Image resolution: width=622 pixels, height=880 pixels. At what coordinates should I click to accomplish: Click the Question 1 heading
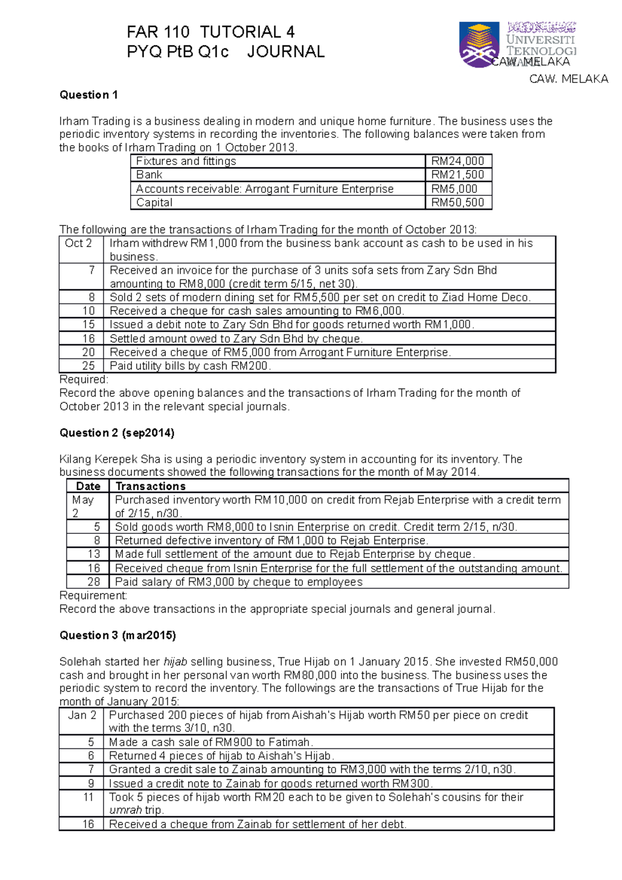[x=89, y=95]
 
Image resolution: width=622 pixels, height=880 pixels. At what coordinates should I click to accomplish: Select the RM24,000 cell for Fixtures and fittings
[x=458, y=161]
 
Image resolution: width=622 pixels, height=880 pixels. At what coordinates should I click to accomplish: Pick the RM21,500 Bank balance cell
[x=458, y=175]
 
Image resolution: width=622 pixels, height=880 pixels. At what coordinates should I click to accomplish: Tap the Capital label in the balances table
[x=154, y=203]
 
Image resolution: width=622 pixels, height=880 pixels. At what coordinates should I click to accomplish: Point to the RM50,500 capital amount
[x=458, y=203]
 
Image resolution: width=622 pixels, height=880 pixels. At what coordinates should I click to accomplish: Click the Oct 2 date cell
[x=78, y=243]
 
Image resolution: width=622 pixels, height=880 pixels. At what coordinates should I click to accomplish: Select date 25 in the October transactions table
[x=89, y=366]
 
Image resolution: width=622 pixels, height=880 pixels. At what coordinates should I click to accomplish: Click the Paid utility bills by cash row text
[x=190, y=366]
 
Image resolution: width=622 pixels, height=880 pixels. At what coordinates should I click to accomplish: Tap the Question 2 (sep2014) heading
[x=117, y=433]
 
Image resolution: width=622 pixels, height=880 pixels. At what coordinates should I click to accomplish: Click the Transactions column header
[x=150, y=486]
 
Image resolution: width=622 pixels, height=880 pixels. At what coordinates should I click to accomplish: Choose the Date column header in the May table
[x=88, y=486]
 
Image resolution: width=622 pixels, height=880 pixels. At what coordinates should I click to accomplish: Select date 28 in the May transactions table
[x=94, y=582]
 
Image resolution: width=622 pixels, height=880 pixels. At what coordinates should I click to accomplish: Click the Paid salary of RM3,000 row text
[x=238, y=582]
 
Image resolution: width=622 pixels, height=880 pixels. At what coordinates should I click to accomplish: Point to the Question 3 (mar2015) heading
[x=118, y=635]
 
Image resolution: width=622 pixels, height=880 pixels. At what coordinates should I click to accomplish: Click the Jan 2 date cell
[x=82, y=715]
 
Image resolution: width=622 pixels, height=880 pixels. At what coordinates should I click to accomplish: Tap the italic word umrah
[x=125, y=811]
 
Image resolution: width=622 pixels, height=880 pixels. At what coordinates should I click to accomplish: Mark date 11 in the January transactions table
[x=89, y=797]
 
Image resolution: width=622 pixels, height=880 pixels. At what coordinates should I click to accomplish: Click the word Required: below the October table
[x=84, y=379]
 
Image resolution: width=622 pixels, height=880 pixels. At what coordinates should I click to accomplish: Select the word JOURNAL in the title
[x=286, y=52]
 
